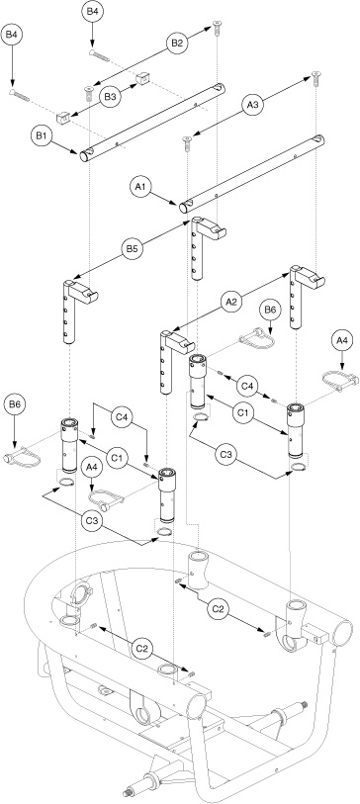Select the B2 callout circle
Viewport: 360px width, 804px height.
coord(176,45)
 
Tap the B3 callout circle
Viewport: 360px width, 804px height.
coord(110,96)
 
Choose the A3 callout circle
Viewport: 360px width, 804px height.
coord(253,106)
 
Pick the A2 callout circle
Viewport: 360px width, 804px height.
coord(231,303)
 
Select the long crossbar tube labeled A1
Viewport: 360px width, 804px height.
coord(252,173)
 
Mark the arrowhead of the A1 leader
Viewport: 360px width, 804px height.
coord(177,203)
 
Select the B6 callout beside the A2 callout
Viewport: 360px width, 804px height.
coord(270,310)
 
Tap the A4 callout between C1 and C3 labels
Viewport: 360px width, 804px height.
coord(91,467)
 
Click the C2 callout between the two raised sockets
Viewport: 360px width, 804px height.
coord(219,608)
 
